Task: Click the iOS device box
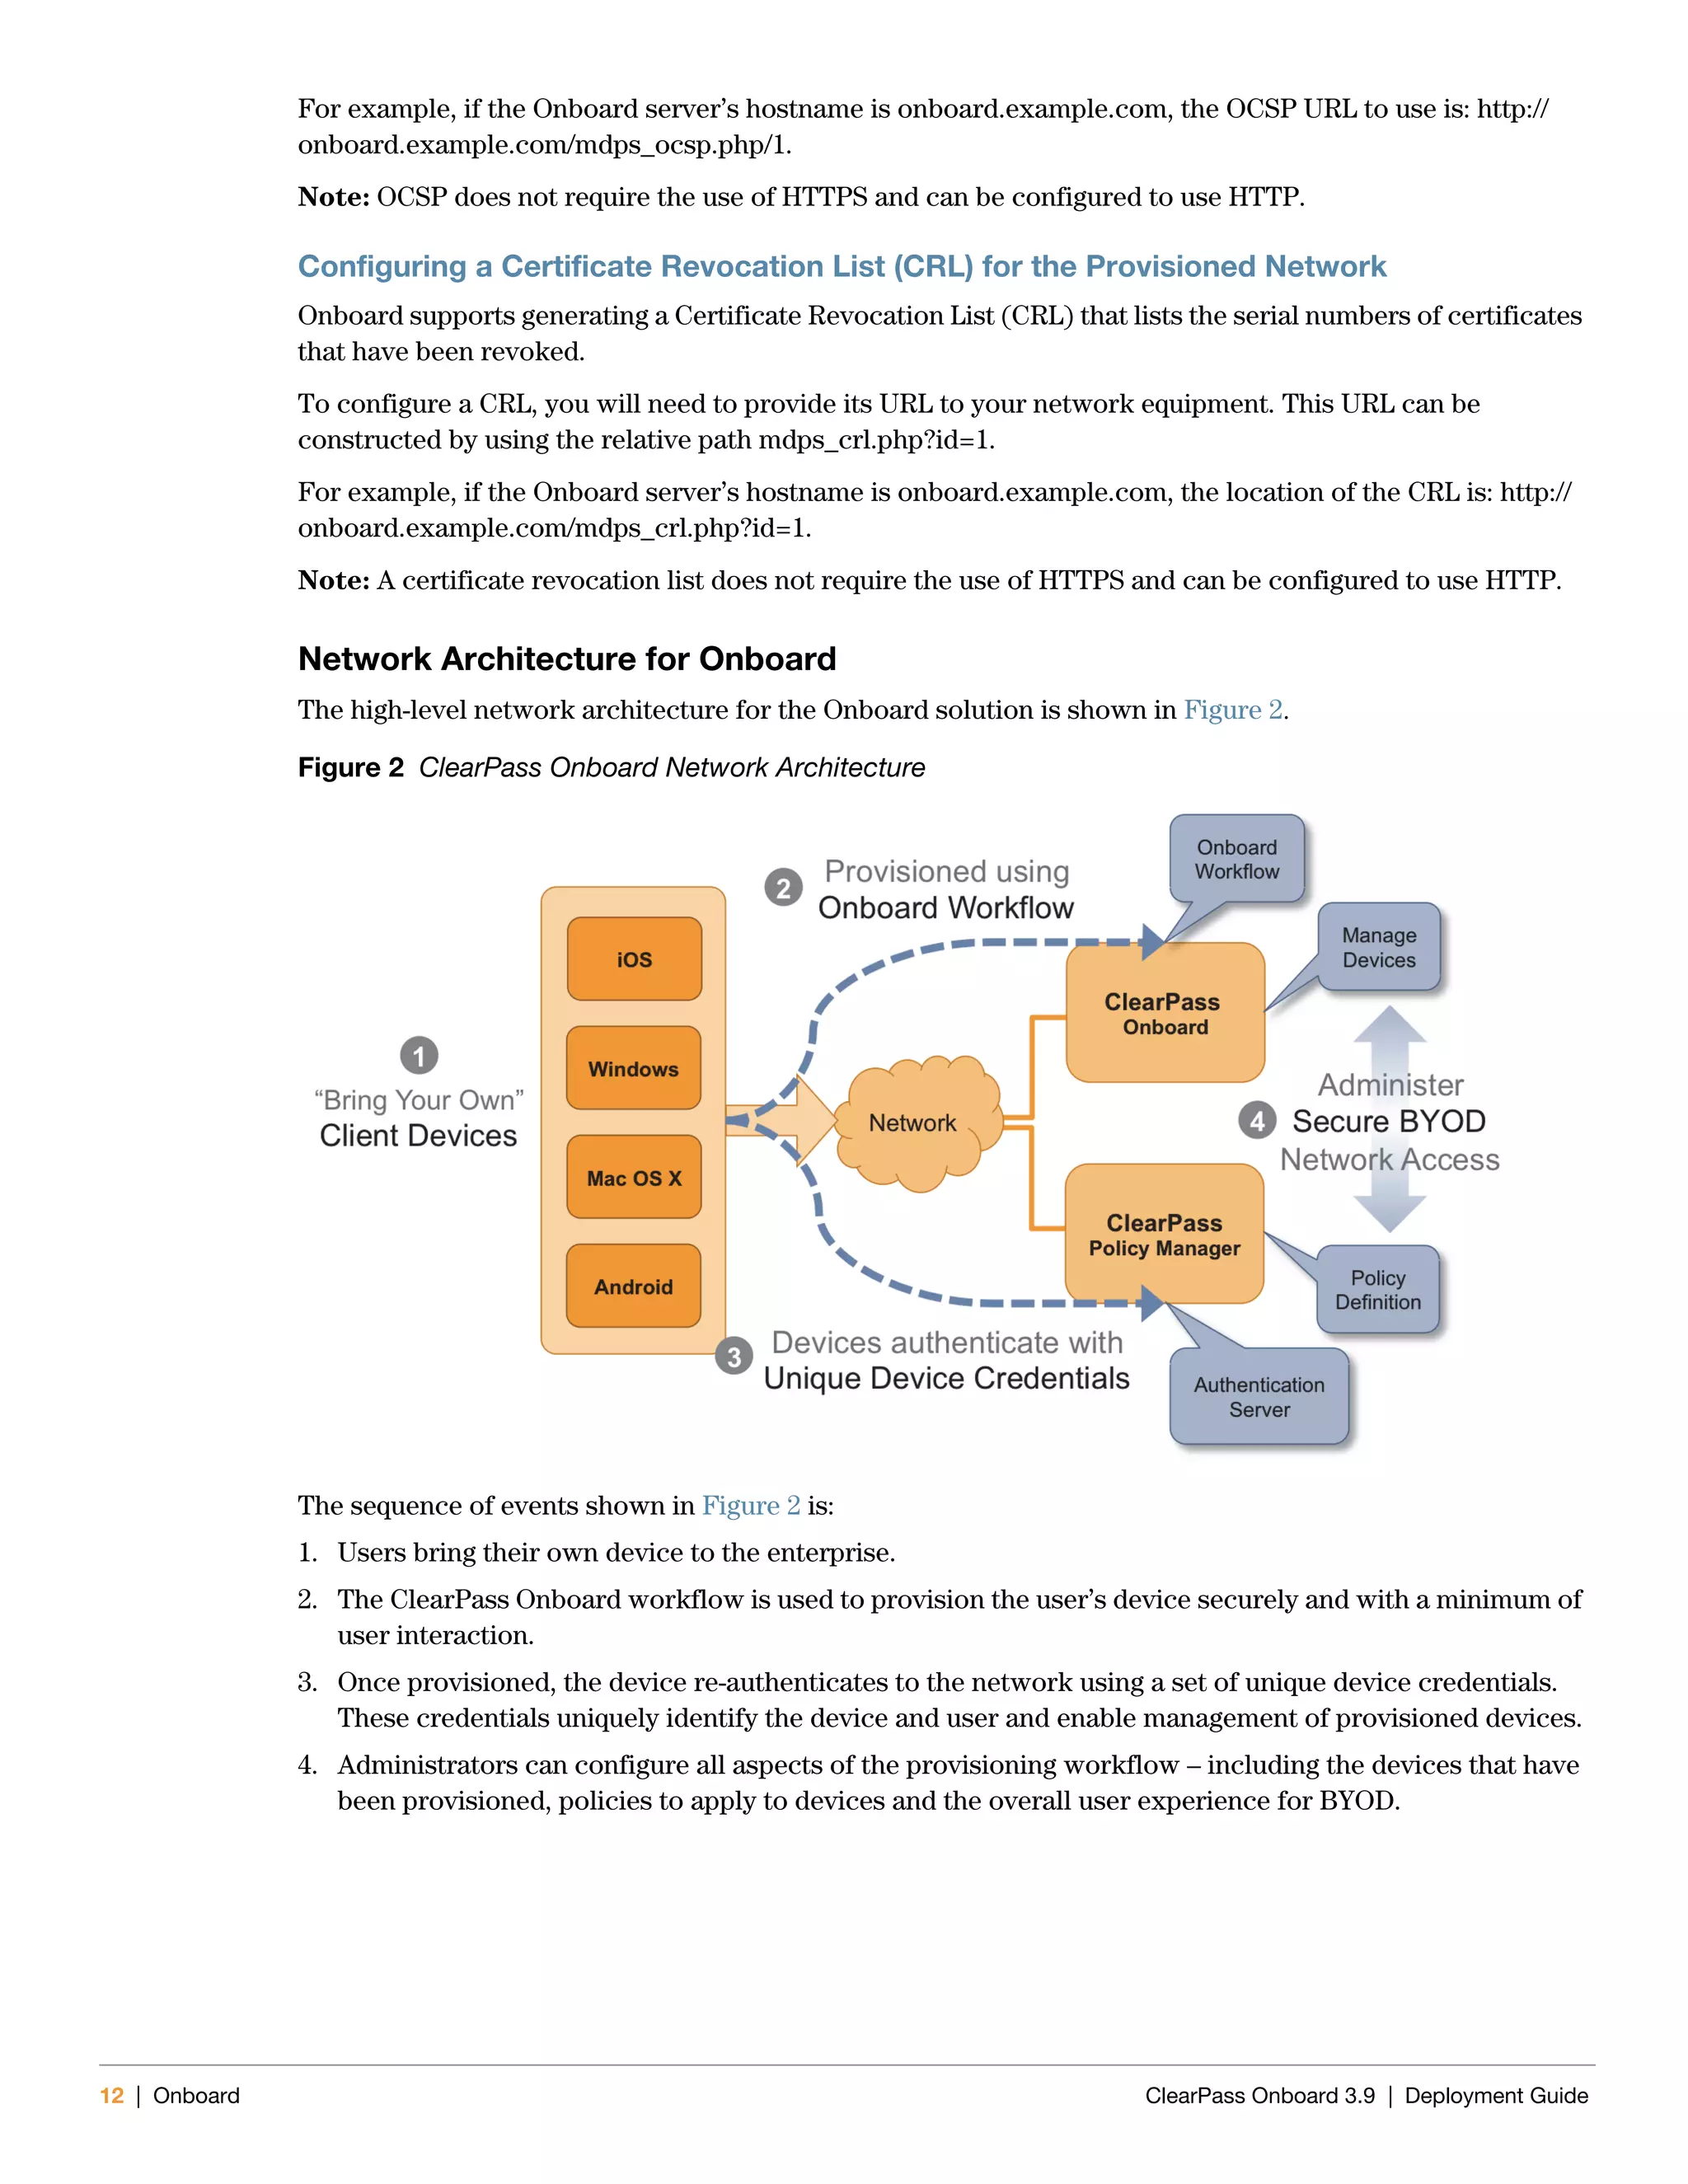(x=634, y=959)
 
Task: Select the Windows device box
(x=633, y=1068)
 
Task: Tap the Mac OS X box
(x=633, y=1177)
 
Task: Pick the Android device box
(x=633, y=1286)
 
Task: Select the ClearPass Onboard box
(x=1165, y=1013)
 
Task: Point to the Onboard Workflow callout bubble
(x=1237, y=859)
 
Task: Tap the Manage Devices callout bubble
(x=1379, y=947)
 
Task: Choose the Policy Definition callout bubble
(x=1378, y=1289)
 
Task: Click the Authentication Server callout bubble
(x=1259, y=1396)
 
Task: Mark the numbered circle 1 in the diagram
(x=419, y=1056)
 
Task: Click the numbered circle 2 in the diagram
(x=783, y=888)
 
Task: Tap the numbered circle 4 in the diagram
(x=1257, y=1121)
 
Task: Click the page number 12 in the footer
(x=112, y=2095)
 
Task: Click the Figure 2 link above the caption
(x=1233, y=710)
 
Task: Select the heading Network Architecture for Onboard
(x=567, y=659)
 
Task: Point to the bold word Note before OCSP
(x=334, y=197)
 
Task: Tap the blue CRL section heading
(x=841, y=266)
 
